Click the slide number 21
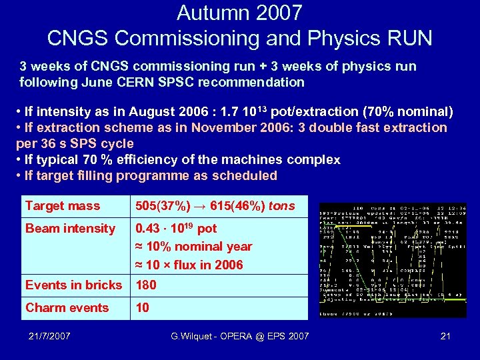(445, 337)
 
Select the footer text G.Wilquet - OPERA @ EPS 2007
(240, 337)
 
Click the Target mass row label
(63, 206)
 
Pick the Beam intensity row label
(71, 229)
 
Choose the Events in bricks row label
(74, 285)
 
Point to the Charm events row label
(67, 308)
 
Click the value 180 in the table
(146, 285)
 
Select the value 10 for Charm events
(143, 308)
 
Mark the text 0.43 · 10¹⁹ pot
(176, 229)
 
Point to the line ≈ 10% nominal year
(193, 247)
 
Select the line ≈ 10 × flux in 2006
(189, 265)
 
